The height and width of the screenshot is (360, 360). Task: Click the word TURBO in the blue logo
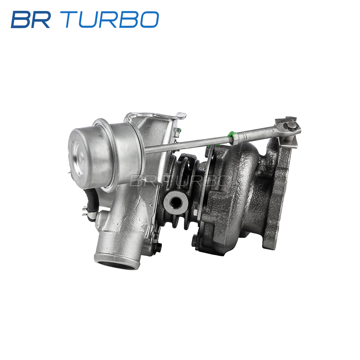[112, 19]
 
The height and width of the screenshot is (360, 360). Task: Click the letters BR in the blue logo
[31, 19]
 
